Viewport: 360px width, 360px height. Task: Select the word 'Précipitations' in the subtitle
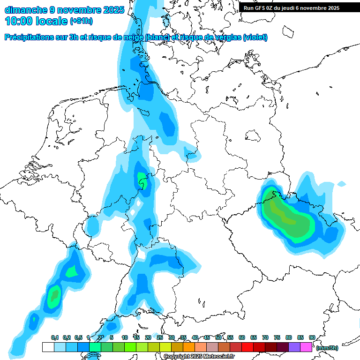pyautogui.click(x=33, y=37)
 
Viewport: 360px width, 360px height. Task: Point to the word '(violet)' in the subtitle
pyautogui.click(x=255, y=37)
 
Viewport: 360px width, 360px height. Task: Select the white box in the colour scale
pyautogui.click(x=48, y=347)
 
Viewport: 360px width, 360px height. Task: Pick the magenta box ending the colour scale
pyautogui.click(x=306, y=347)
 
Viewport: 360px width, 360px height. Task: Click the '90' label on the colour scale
pyautogui.click(x=312, y=337)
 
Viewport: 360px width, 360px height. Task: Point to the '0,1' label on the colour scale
pyautogui.click(x=54, y=337)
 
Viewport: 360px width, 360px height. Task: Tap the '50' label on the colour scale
pyautogui.click(x=218, y=337)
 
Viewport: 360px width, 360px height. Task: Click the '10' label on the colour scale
pyautogui.click(x=125, y=337)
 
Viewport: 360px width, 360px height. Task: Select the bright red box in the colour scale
pyautogui.click(x=247, y=347)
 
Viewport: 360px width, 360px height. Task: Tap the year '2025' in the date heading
pyautogui.click(x=113, y=9)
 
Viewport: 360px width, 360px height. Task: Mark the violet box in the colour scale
pyautogui.click(x=294, y=347)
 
